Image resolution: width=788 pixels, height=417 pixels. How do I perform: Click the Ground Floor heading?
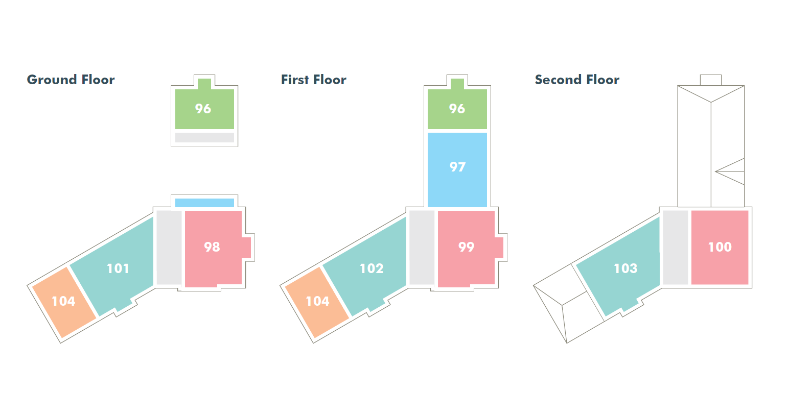[x=71, y=80]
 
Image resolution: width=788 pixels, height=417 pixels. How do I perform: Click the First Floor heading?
[x=313, y=80]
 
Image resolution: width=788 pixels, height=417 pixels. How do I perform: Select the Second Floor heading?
[x=576, y=80]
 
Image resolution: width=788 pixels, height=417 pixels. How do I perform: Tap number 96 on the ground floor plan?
[x=203, y=109]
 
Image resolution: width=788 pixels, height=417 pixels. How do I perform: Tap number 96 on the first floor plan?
[x=457, y=109]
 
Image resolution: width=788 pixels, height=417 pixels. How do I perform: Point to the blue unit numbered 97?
[x=457, y=167]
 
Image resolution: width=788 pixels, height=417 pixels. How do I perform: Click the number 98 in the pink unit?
[x=212, y=247]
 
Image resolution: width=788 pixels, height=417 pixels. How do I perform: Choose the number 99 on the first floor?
[x=466, y=247]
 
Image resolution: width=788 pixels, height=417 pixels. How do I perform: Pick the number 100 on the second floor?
[x=720, y=247]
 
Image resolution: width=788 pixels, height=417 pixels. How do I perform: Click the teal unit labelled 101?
[x=118, y=268]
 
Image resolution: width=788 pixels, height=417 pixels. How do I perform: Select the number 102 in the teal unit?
[x=372, y=268]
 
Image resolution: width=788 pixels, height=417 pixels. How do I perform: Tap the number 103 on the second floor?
[x=625, y=268]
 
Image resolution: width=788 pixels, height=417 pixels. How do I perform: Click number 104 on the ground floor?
[x=63, y=301]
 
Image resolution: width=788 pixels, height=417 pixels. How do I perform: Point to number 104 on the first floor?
[x=317, y=301]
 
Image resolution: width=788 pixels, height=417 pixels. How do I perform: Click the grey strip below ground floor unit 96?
[x=204, y=137]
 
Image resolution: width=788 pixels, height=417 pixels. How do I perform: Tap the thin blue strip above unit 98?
[x=204, y=203]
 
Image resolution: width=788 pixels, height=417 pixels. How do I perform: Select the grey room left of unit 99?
[x=422, y=247]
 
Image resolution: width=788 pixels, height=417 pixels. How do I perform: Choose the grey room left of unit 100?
[x=676, y=247]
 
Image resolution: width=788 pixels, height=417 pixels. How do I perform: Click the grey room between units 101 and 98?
[x=169, y=247]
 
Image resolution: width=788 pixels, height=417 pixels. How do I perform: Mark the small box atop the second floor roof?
[x=710, y=80]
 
